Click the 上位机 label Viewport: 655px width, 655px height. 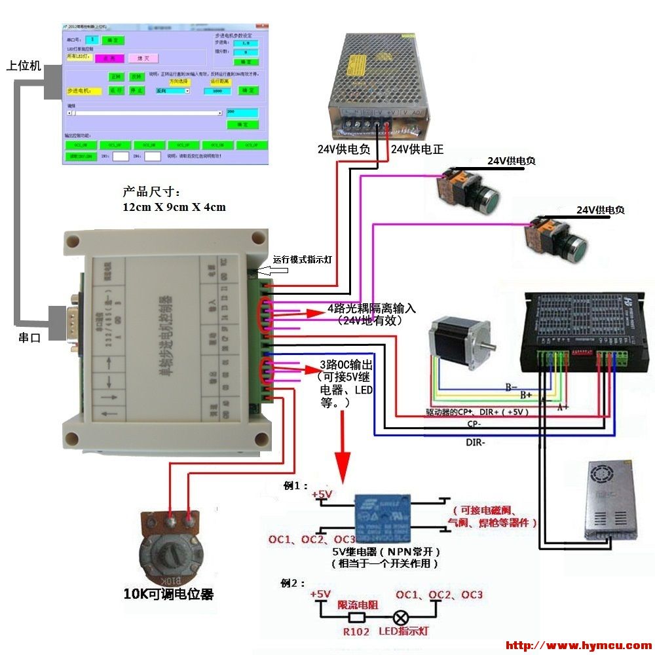click(24, 65)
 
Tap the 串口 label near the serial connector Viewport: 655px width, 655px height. click(30, 338)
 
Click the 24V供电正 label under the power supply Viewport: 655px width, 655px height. click(417, 149)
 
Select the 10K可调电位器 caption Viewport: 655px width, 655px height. click(168, 594)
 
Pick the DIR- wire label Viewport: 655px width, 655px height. click(476, 442)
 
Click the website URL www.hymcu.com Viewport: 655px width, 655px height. click(579, 646)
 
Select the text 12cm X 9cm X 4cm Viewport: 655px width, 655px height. click(174, 208)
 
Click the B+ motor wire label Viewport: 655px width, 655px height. click(525, 396)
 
